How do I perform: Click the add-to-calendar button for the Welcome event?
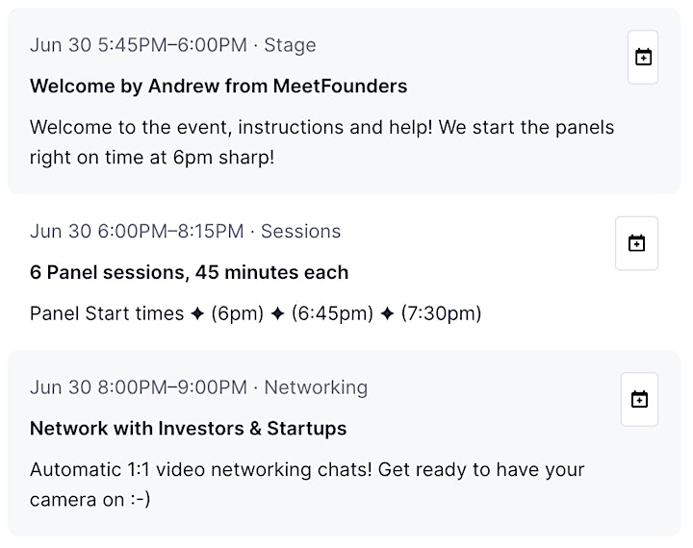643,57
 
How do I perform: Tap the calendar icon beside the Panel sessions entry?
636,243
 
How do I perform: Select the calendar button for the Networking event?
639,399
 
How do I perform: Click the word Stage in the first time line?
290,45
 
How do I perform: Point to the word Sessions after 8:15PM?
300,232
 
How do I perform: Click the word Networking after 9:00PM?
316,387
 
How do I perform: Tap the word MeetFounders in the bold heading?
340,87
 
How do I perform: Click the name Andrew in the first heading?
184,87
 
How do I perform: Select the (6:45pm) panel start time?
332,314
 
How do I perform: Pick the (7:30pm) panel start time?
441,314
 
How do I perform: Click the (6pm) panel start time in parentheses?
238,314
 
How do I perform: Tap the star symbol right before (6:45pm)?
277,314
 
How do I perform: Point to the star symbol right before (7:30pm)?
387,314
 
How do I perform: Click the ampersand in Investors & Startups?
255,429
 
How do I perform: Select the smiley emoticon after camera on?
141,500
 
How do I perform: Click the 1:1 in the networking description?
139,470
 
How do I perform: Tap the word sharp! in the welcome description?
246,158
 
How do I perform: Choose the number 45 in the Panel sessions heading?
207,272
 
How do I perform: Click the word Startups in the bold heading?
307,429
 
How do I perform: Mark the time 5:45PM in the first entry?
132,45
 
